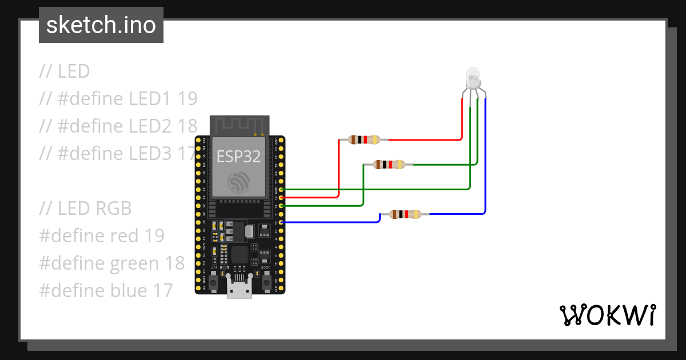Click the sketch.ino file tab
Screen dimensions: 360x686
coord(101,25)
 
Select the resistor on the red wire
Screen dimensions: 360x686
coord(364,139)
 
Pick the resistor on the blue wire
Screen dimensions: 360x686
coord(405,214)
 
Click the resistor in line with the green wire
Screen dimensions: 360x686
coord(389,165)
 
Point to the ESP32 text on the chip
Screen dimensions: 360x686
coord(239,155)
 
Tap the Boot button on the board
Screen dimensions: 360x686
coord(266,281)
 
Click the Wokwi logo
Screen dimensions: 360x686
coord(607,315)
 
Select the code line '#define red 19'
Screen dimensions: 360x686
coord(102,235)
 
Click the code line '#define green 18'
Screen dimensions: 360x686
coord(112,263)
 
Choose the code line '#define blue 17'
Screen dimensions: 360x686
coord(106,290)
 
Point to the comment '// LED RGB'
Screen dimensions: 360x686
coord(85,209)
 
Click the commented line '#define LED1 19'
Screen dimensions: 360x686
coord(118,99)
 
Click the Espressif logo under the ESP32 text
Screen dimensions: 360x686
coord(239,182)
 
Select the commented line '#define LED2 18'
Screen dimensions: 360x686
coord(118,126)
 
